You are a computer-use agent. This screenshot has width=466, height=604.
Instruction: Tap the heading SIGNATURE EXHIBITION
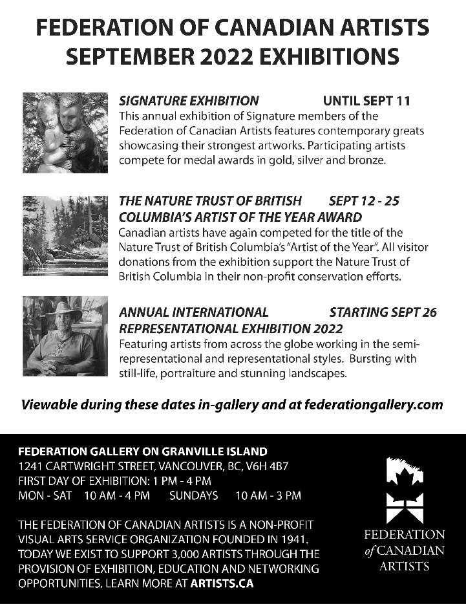pos(189,101)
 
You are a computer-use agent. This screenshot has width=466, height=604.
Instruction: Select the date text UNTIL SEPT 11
pos(366,101)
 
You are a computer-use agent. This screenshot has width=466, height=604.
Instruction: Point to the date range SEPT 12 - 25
pos(364,201)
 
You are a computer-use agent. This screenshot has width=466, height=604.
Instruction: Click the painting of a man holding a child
pos(65,133)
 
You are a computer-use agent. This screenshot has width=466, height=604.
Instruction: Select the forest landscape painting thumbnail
pos(65,235)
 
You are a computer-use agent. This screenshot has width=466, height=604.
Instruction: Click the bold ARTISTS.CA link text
pos(222,583)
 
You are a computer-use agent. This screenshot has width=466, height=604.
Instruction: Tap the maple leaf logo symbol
pos(405,491)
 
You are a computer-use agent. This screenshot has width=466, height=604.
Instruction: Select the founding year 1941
pos(293,539)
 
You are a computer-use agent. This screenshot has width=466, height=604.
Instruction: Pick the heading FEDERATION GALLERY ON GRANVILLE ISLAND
pos(142,451)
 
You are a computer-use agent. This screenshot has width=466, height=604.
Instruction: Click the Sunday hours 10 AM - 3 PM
pos(268,496)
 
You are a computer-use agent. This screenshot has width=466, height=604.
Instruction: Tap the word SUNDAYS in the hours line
pos(194,496)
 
